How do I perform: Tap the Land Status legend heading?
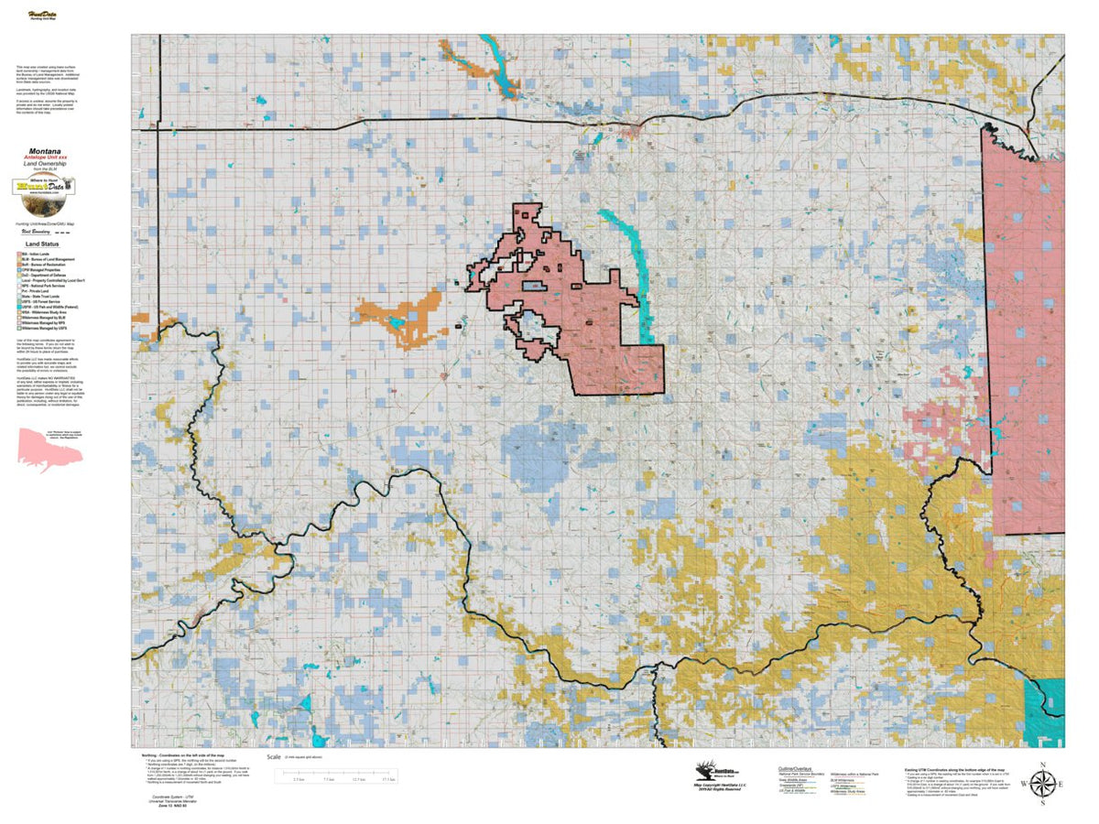click(x=43, y=244)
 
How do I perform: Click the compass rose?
click(x=1042, y=784)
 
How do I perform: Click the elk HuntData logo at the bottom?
click(x=711, y=774)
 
